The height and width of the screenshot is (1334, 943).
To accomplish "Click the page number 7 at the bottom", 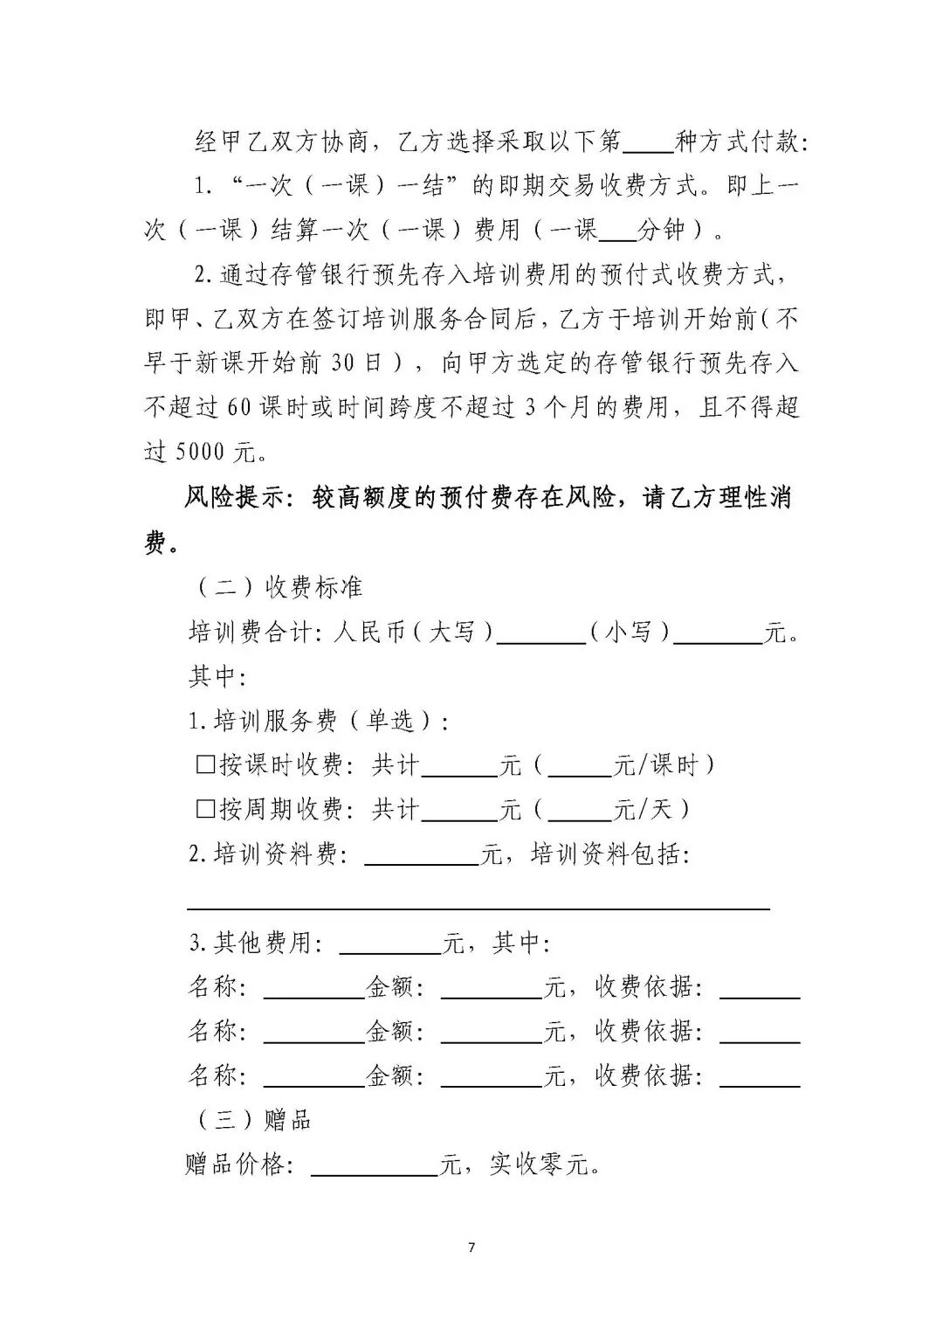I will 471,1247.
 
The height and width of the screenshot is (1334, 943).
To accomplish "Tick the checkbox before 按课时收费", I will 205,765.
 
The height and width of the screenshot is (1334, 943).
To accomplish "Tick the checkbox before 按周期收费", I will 205,810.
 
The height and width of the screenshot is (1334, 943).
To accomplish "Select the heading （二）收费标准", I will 276,587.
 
